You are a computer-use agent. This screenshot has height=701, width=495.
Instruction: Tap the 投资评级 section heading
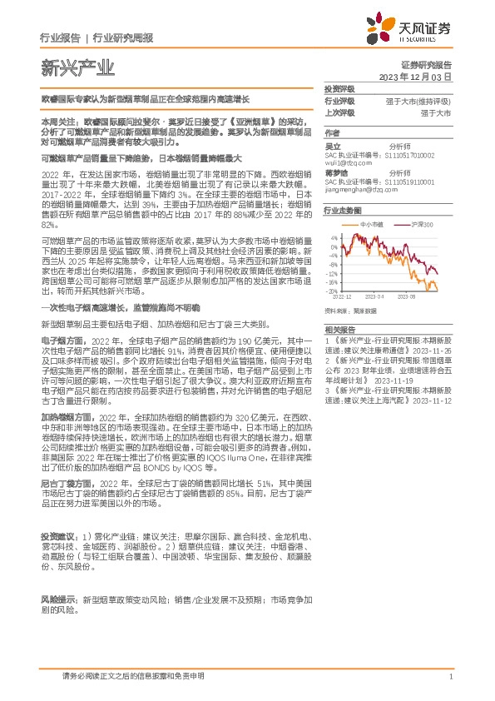[339, 88]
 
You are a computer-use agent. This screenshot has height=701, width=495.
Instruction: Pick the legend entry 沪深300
[421, 224]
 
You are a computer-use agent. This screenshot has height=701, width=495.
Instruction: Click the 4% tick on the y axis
[334, 236]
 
